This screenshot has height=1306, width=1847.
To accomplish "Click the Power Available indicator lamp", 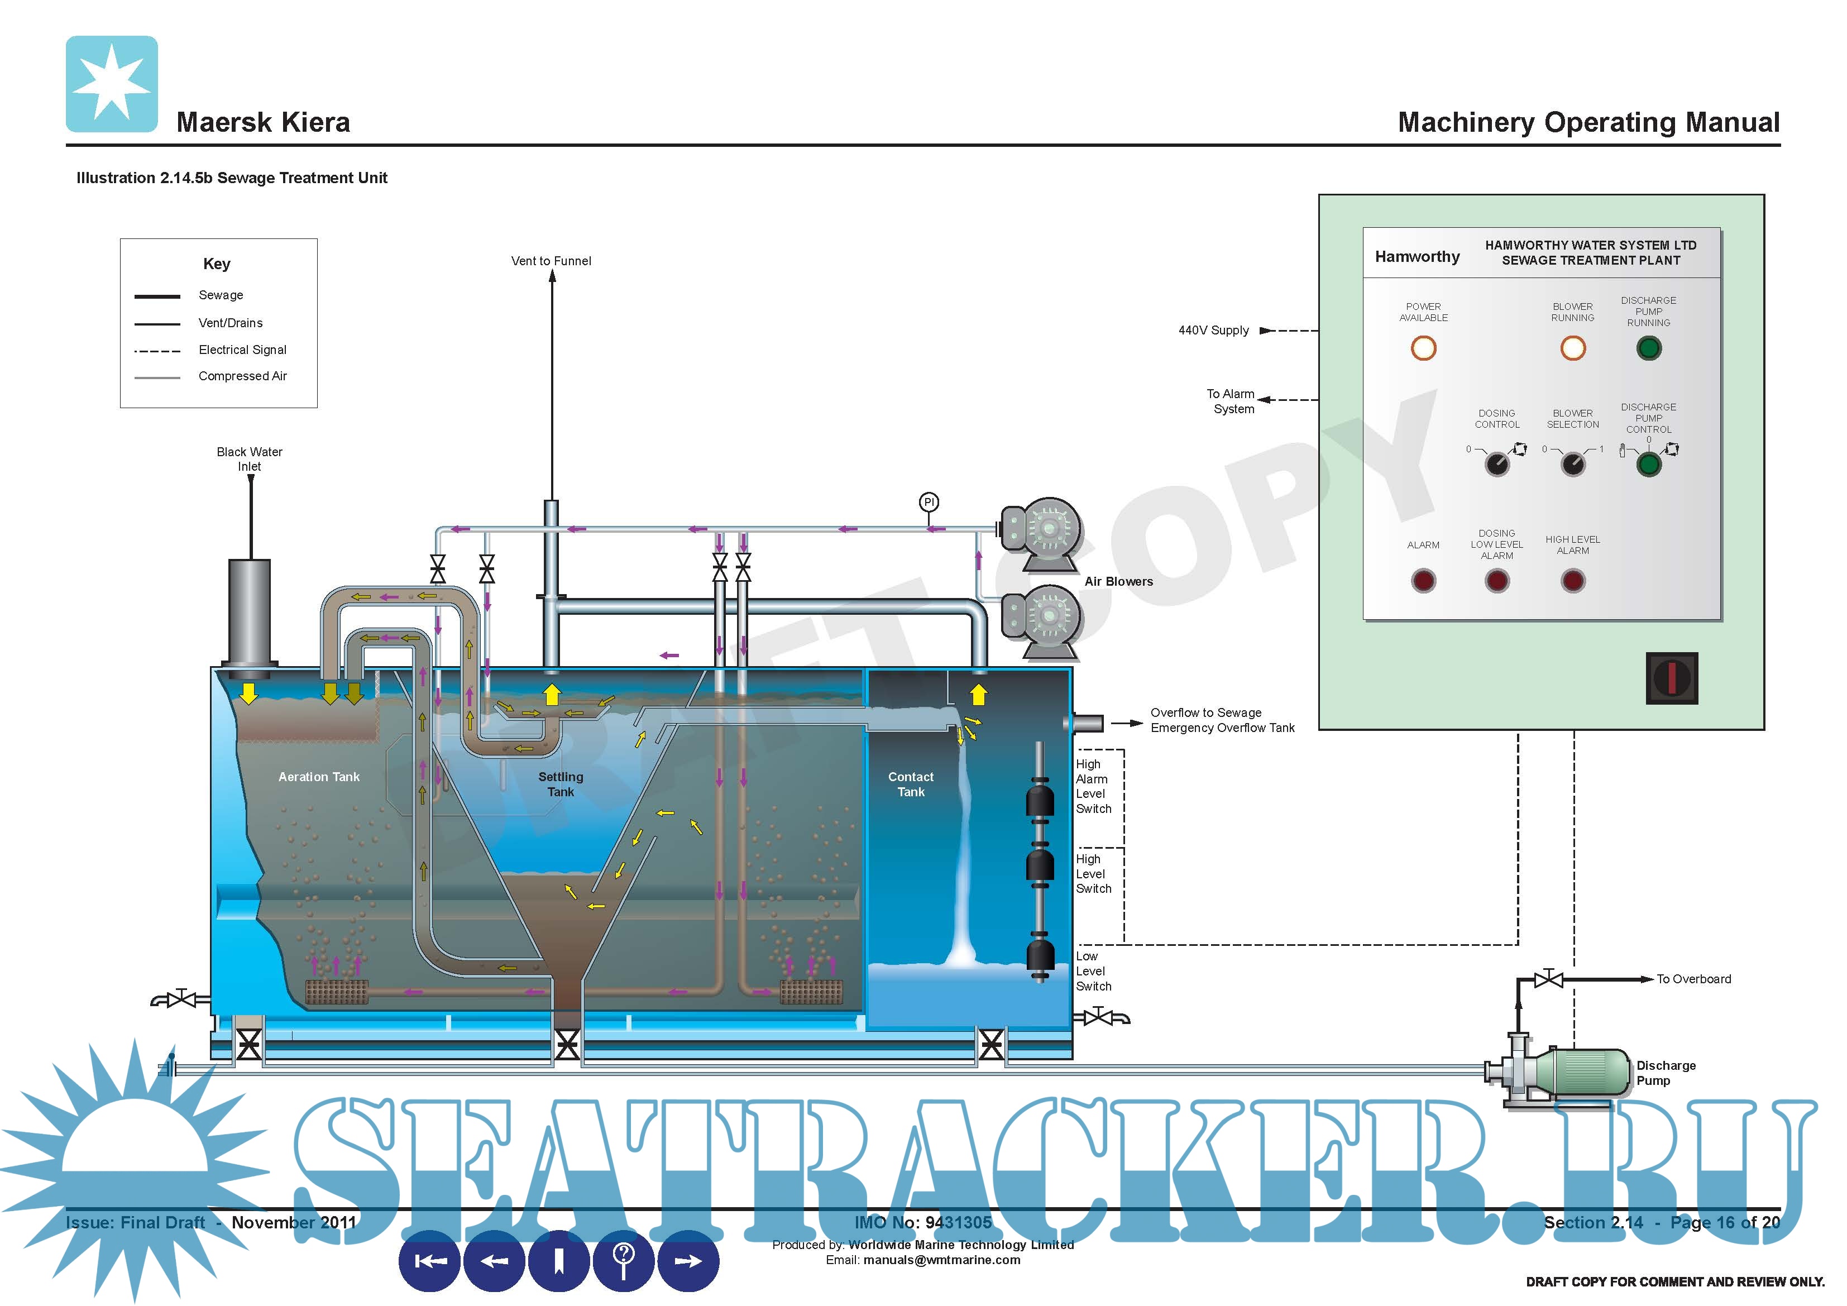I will point(1423,348).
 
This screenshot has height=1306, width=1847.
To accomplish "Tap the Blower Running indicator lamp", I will point(1573,348).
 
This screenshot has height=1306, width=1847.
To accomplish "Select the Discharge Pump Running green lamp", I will point(1648,348).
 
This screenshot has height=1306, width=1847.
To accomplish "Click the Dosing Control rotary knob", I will point(1496,465).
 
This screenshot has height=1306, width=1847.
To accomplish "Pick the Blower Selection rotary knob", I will point(1573,465).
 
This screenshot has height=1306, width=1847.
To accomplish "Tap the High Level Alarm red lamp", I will point(1573,580).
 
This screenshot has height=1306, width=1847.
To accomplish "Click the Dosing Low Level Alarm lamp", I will point(1496,580).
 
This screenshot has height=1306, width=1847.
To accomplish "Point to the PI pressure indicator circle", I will point(929,502).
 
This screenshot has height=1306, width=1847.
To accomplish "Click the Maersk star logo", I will point(112,84).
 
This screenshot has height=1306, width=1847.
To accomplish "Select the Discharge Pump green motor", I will point(1582,1072).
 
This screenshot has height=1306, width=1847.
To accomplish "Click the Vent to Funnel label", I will point(551,261).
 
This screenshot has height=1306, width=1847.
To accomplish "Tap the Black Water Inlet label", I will point(250,458).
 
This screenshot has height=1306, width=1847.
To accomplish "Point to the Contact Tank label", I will point(911,784).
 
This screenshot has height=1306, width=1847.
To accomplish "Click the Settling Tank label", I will point(561,784).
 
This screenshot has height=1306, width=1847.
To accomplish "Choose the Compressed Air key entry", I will point(242,376).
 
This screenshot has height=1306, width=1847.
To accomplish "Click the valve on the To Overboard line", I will point(1548,979).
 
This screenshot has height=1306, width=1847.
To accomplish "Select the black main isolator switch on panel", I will point(1672,677).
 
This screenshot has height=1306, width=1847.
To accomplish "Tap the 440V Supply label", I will point(1213,330).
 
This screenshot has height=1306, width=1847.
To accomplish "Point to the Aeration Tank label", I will point(319,777).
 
